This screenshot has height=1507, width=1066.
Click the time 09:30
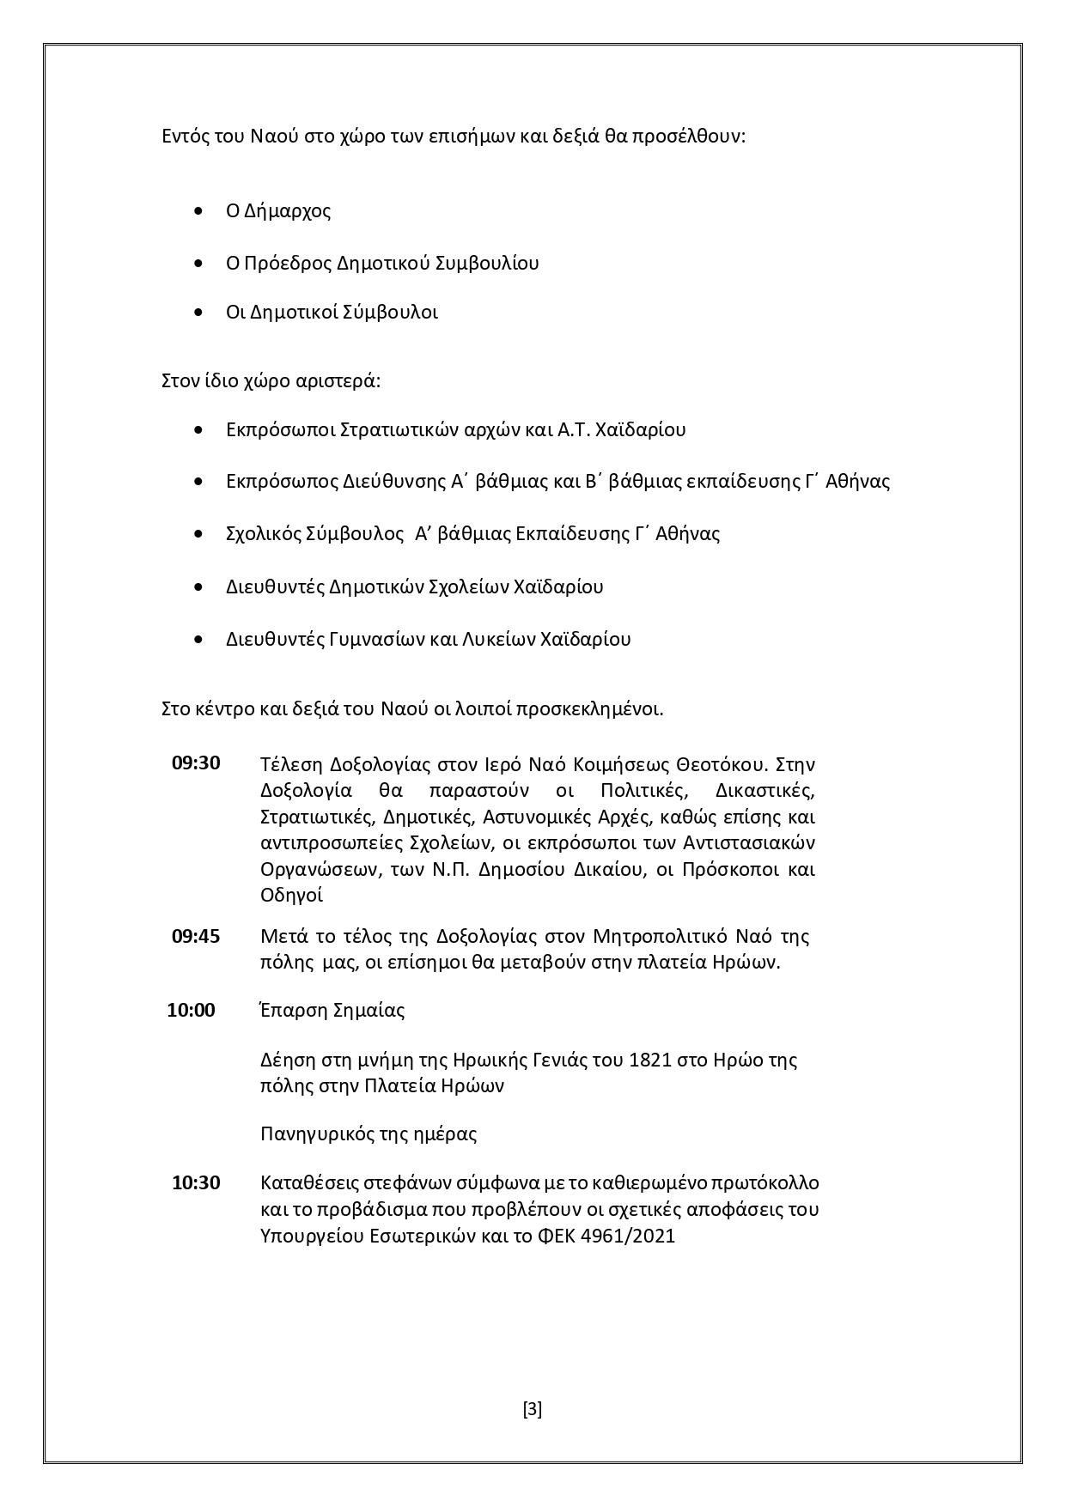196,763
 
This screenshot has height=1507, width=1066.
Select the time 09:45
196,935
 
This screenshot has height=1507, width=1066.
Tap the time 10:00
191,1010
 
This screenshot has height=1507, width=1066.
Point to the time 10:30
196,1182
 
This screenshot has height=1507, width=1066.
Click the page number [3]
533,1409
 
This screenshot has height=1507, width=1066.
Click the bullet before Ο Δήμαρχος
200,210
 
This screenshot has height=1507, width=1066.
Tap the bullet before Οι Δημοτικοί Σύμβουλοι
200,312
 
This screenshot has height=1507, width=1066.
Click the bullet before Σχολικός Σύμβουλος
200,533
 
